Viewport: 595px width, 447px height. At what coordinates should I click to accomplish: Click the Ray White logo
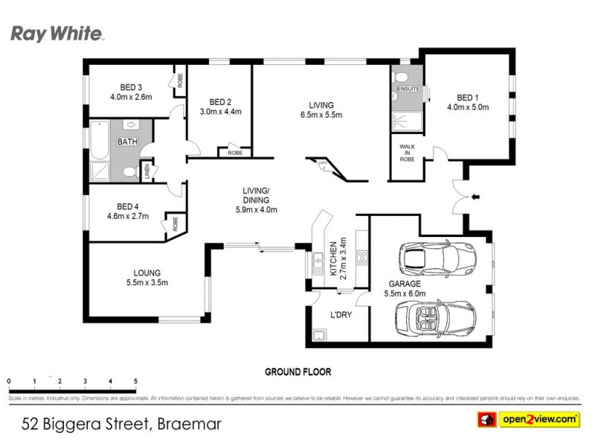[57, 34]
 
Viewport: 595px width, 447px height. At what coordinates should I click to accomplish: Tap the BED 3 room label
[130, 86]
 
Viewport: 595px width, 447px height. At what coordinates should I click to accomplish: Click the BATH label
[127, 141]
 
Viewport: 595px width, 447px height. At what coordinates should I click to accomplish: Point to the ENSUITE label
[408, 89]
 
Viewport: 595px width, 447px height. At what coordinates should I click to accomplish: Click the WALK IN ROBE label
[407, 153]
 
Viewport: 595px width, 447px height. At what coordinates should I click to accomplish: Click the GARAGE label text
[405, 284]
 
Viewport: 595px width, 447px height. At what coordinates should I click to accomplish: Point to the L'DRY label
[341, 314]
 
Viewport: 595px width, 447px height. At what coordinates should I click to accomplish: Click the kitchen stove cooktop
[362, 259]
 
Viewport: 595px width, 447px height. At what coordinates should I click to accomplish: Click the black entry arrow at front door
[477, 197]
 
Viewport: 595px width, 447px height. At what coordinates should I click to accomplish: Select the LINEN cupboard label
[147, 172]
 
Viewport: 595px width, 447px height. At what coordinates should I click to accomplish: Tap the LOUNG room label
[147, 273]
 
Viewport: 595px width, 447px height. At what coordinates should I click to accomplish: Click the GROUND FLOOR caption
[297, 371]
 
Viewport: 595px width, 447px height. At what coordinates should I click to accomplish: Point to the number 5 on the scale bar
[135, 381]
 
